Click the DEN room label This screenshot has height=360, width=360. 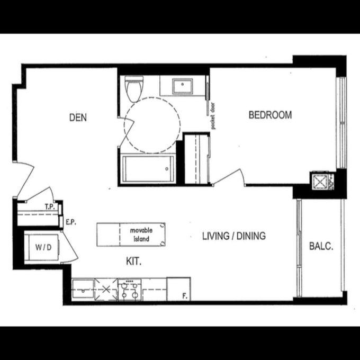[x=78, y=118]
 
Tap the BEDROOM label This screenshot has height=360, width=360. [x=270, y=115]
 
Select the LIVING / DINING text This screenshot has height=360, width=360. [x=234, y=236]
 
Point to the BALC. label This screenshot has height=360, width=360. [x=321, y=246]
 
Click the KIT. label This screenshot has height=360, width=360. [x=133, y=261]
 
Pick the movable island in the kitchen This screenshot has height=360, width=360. [x=131, y=235]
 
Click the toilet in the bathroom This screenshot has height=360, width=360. [x=134, y=89]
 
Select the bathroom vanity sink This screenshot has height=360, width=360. [x=183, y=86]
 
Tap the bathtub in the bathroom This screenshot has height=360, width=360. [x=148, y=169]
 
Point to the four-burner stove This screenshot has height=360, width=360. [x=130, y=290]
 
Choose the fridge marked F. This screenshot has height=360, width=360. [x=178, y=289]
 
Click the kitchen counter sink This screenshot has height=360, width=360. [x=83, y=289]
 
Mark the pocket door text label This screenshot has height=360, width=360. [x=213, y=116]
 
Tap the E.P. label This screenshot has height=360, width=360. [x=71, y=222]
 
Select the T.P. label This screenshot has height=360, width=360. [x=50, y=207]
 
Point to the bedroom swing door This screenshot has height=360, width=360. [x=229, y=177]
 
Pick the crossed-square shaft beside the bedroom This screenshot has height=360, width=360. [x=319, y=182]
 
